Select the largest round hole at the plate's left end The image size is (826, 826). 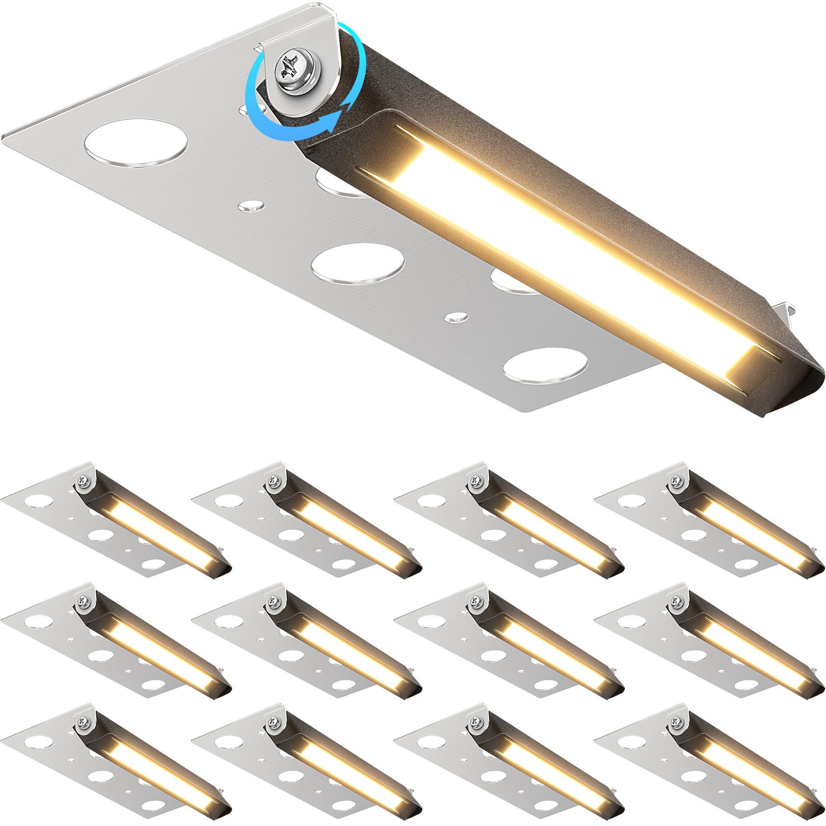coord(136,143)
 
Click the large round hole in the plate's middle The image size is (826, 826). coord(357,263)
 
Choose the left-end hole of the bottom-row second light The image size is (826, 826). coord(223,742)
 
